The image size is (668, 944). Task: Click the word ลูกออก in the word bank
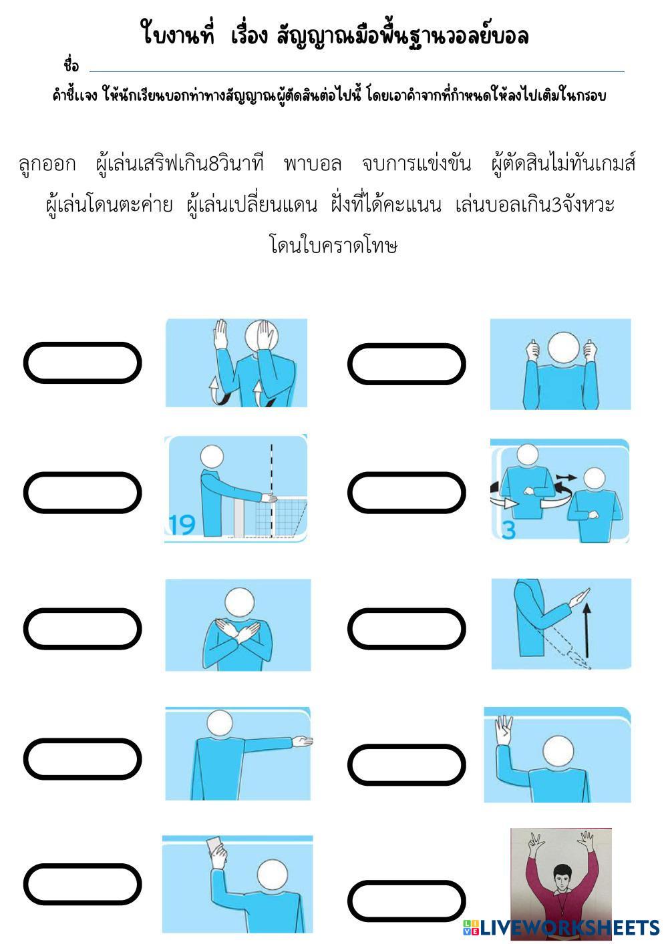[47, 164]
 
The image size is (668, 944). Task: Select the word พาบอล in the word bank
[312, 164]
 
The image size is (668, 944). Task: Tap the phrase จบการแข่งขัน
[416, 164]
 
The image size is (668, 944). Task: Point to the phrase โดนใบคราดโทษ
[333, 245]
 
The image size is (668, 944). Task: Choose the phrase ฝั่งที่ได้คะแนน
[386, 204]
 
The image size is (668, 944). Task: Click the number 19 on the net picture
[181, 525]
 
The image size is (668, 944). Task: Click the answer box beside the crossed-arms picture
[82, 629]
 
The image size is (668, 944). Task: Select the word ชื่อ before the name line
[71, 66]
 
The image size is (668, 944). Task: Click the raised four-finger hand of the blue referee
[503, 730]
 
